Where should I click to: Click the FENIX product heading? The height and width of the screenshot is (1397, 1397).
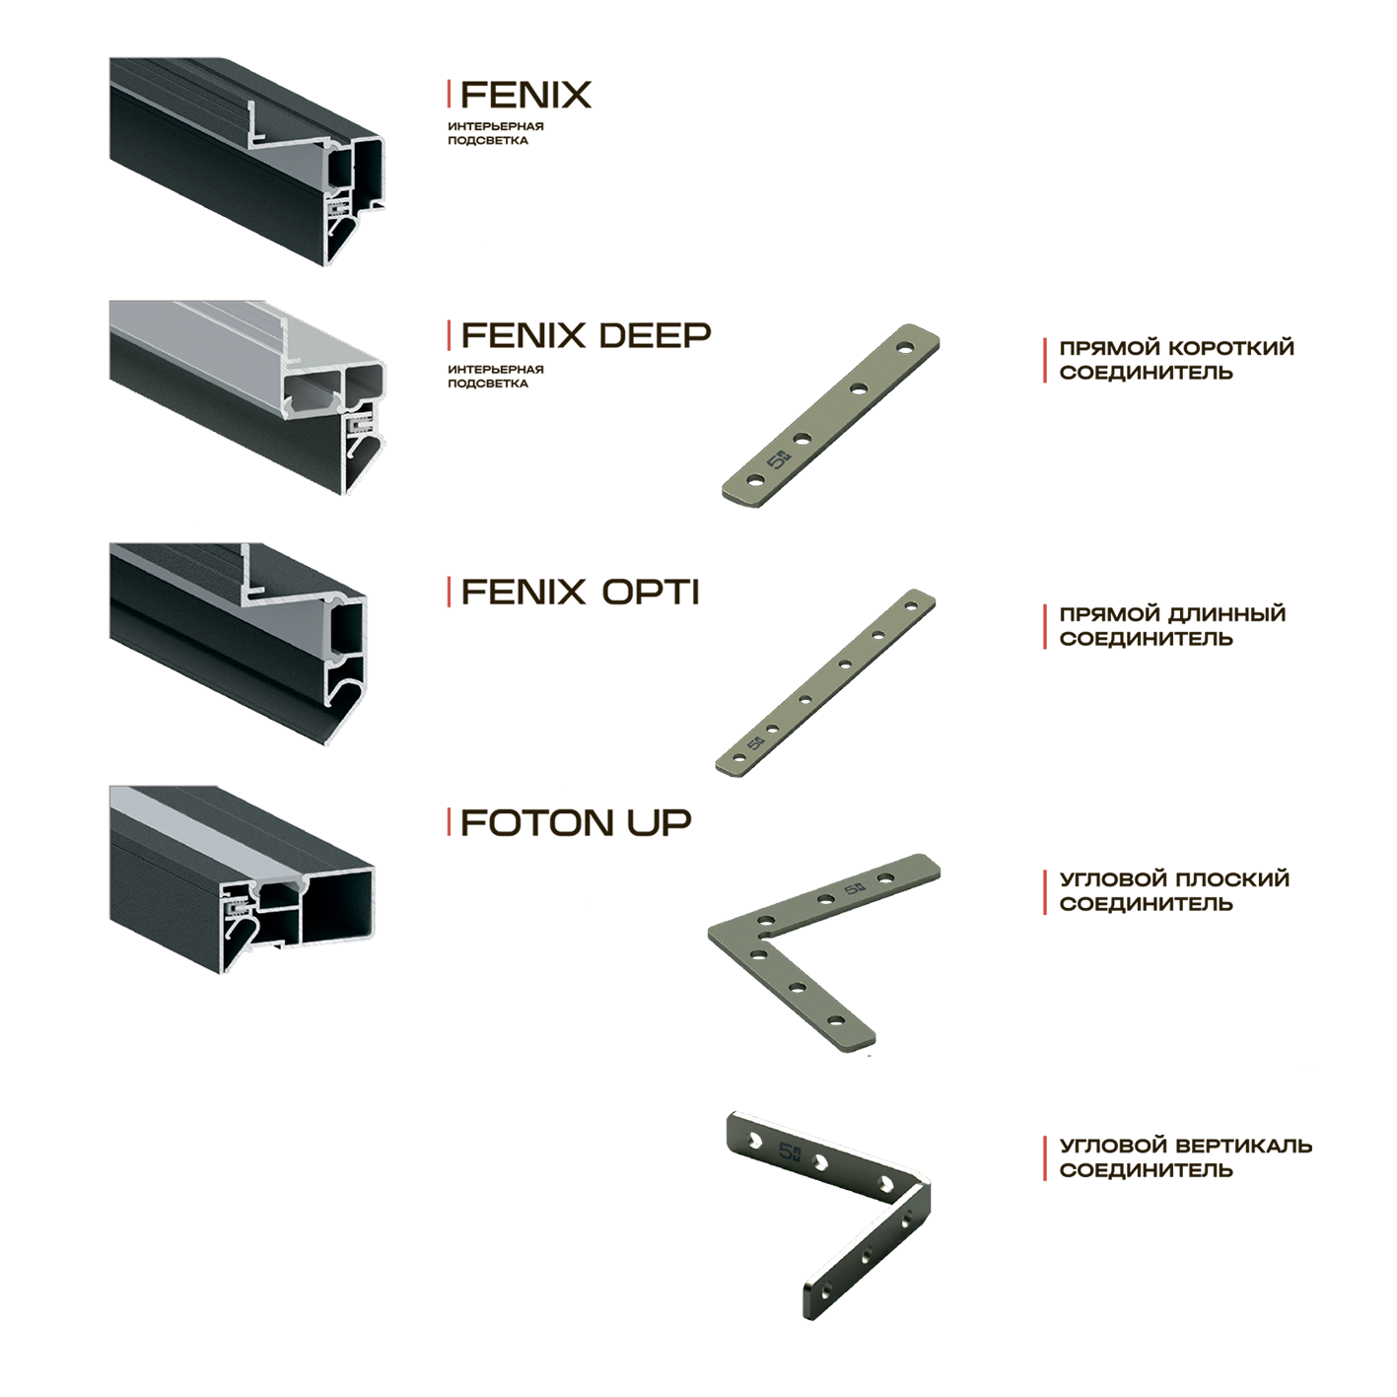pos(525,96)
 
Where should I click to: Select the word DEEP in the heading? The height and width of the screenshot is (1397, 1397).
pos(654,335)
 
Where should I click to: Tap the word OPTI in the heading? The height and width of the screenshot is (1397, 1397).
pos(650,593)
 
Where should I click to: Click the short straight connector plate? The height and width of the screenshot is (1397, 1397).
pos(830,415)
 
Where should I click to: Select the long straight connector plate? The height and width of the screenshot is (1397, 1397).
pos(824,682)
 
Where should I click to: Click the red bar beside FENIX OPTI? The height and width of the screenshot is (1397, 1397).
pos(450,593)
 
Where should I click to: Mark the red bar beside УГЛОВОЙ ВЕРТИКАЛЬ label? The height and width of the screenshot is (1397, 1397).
pos(1045,1157)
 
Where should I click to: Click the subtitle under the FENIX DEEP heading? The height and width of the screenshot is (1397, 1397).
pos(495,377)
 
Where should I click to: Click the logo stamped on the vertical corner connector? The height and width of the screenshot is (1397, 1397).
pos(790,1152)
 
